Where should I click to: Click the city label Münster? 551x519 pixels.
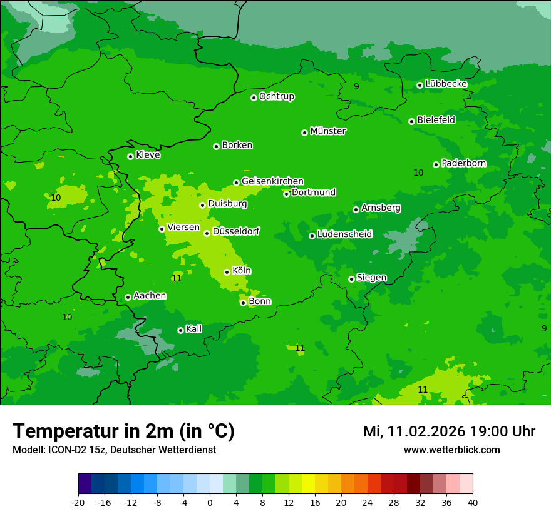click(x=328, y=131)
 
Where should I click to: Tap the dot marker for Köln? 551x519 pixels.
click(x=227, y=272)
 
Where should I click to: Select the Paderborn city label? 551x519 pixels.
click(x=464, y=163)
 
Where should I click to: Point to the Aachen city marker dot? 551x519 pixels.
click(x=128, y=297)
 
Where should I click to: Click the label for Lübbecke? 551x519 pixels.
click(x=446, y=84)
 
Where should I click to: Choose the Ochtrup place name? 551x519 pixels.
click(x=277, y=96)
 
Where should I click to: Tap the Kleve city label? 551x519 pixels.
click(x=148, y=155)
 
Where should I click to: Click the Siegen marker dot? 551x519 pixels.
click(x=351, y=279)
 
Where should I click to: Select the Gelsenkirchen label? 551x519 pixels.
click(x=273, y=181)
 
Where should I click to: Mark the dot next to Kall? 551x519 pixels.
click(x=180, y=330)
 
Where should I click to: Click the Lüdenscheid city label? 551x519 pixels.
click(x=345, y=234)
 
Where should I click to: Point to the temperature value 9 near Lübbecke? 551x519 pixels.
click(x=356, y=86)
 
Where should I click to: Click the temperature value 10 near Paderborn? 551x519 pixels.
click(x=418, y=173)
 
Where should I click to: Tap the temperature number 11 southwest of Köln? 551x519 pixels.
click(x=177, y=278)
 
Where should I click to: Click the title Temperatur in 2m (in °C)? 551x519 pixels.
click(x=123, y=431)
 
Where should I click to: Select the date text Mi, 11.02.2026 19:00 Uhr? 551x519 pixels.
click(x=449, y=431)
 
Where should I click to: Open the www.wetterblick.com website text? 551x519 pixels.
click(x=452, y=450)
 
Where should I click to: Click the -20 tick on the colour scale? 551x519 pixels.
click(x=78, y=502)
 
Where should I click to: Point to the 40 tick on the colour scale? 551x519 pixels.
click(x=473, y=502)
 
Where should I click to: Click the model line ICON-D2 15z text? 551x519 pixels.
click(x=114, y=450)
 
